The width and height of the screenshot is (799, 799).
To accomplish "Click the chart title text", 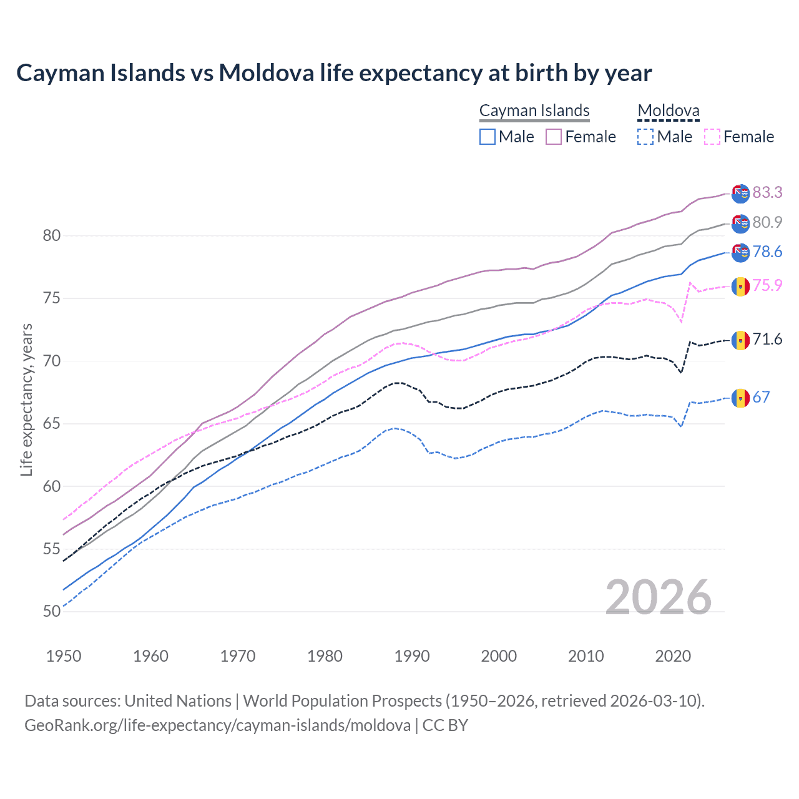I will (334, 73).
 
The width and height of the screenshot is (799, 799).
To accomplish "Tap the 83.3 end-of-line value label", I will (767, 192).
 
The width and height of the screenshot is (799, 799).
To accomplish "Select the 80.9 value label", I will (767, 222).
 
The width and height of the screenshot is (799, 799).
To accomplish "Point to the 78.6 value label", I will (767, 252).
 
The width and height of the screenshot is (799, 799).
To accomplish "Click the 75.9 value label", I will (767, 285).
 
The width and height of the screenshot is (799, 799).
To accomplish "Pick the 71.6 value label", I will (767, 339).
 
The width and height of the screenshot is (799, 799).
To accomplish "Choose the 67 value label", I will (761, 397).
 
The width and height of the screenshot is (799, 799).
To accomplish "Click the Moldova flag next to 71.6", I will (740, 340).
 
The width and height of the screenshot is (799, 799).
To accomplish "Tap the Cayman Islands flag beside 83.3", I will (740, 194).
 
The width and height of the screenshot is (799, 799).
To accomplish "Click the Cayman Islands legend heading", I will (534, 110).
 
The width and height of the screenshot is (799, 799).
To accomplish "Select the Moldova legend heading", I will (669, 110).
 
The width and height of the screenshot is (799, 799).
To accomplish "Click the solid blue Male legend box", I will (488, 137).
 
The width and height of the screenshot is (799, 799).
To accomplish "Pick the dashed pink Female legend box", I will (712, 137).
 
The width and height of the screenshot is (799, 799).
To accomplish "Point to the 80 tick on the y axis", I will (52, 235).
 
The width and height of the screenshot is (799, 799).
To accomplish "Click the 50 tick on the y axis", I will (52, 611).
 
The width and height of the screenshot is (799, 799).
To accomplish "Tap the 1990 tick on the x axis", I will (412, 656).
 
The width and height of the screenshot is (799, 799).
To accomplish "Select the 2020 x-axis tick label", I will (673, 656).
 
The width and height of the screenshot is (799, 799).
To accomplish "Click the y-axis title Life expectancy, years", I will (26, 399).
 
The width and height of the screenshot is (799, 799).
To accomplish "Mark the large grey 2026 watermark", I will (659, 597).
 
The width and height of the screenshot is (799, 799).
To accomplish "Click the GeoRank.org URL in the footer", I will (217, 725).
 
